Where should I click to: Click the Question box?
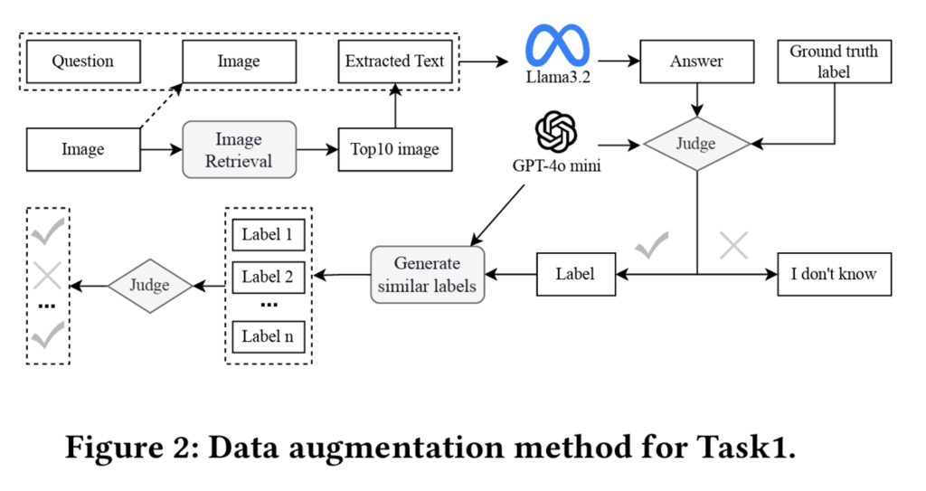pyautogui.click(x=82, y=61)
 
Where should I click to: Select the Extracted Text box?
pyautogui.click(x=395, y=61)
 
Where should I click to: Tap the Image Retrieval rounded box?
pyautogui.click(x=239, y=149)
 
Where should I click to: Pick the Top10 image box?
pyautogui.click(x=395, y=149)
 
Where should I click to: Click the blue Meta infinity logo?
pyautogui.click(x=558, y=44)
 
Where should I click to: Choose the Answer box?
pyautogui.click(x=695, y=61)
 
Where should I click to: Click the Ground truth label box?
pyautogui.click(x=833, y=61)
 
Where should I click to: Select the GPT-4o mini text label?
pyautogui.click(x=558, y=166)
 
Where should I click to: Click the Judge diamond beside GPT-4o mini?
pyautogui.click(x=695, y=144)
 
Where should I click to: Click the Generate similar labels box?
pyautogui.click(x=427, y=273)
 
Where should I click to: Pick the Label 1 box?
pyautogui.click(x=268, y=235)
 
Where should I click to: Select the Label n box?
pyautogui.click(x=268, y=336)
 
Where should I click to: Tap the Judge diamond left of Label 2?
pyautogui.click(x=150, y=286)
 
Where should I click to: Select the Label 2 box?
pyautogui.click(x=268, y=277)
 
